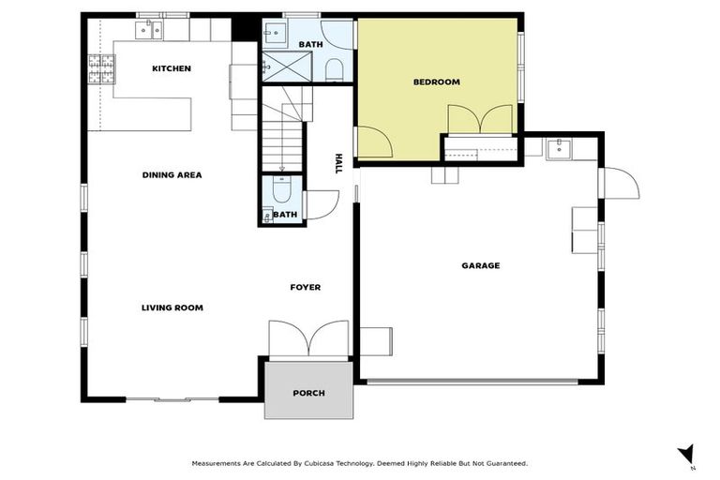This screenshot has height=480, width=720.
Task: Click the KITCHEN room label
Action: pyautogui.click(x=172, y=68)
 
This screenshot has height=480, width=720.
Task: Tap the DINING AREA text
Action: pyautogui.click(x=172, y=174)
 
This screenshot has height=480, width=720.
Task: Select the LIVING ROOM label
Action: pyautogui.click(x=172, y=307)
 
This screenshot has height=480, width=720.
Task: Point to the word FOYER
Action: pyautogui.click(x=305, y=287)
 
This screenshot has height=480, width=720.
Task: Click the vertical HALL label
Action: pyautogui.click(x=338, y=164)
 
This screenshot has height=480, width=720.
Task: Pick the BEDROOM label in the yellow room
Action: pyautogui.click(x=436, y=82)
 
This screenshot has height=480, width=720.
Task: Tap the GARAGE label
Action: pyautogui.click(x=480, y=265)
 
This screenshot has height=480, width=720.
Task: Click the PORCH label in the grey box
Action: pyautogui.click(x=308, y=393)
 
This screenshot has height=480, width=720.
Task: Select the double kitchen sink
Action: pyautogui.click(x=149, y=31)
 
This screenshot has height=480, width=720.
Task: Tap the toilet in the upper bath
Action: pyautogui.click(x=334, y=68)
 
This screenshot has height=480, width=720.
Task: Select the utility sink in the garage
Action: pyautogui.click(x=559, y=147)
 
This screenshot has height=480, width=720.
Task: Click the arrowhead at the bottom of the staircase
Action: pyautogui.click(x=281, y=169)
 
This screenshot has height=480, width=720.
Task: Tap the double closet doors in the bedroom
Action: pyautogui.click(x=480, y=120)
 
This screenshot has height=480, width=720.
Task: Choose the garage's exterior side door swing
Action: pyautogui.click(x=619, y=183)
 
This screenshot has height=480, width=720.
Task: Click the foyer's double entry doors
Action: pyautogui.click(x=308, y=338)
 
